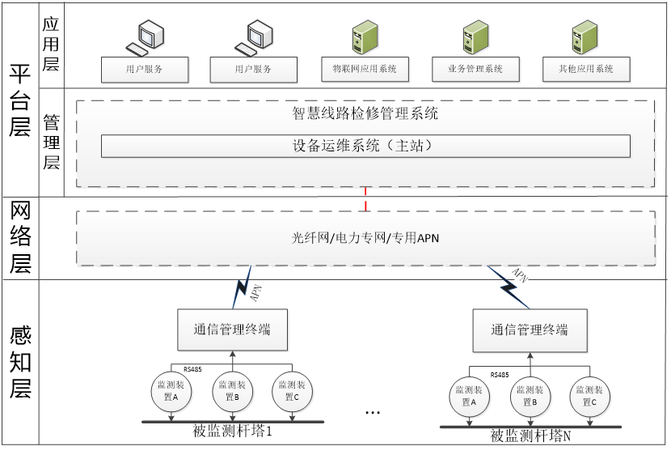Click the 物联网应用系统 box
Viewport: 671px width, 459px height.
pos(359,69)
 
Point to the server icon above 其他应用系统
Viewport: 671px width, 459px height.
pos(583,37)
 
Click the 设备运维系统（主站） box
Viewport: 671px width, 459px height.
pos(365,147)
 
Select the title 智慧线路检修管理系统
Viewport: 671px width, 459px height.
pos(365,113)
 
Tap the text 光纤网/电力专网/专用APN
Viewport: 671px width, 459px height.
pos(365,238)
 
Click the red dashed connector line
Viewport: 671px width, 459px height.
pos(366,199)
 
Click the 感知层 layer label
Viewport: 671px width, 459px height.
pos(19,363)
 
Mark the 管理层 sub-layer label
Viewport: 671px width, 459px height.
pos(51,142)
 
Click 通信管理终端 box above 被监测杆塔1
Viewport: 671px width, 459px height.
pos(232,329)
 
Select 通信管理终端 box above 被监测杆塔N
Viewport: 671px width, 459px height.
pos(530,330)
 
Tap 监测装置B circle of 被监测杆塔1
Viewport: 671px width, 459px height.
pos(232,391)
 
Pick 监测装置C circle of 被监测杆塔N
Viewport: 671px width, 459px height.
pos(589,394)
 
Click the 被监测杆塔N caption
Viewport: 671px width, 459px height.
pos(530,436)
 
